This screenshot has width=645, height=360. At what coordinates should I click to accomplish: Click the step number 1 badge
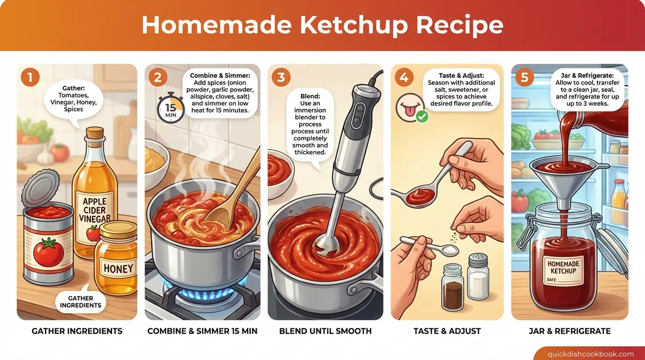(29, 77)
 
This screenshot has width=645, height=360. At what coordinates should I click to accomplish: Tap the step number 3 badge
(281, 77)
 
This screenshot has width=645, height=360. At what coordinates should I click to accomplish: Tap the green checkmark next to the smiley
(422, 116)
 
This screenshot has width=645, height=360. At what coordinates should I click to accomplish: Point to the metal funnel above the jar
(566, 171)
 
